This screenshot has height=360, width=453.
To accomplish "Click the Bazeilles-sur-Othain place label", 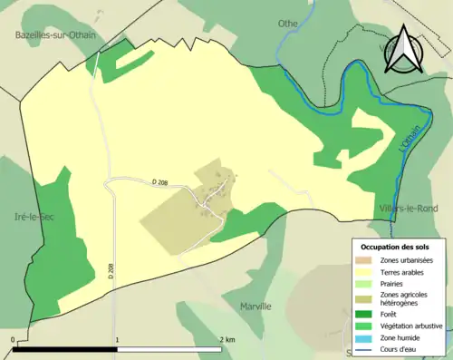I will coord(55,35).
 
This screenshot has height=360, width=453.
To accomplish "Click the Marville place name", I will coord(255,306).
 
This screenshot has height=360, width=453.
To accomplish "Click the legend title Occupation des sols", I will coord(399,247).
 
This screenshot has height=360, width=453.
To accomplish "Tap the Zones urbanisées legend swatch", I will coord(368,260).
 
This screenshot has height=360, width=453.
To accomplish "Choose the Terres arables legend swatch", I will coord(368,271).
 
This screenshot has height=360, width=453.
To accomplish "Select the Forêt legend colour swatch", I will coord(368,314).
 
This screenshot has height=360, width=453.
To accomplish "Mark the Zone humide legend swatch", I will coord(368,336).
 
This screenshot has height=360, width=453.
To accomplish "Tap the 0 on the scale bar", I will coord(14,340).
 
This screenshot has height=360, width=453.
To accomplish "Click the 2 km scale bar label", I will coord(226,340).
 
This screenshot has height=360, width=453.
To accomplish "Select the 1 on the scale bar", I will coord(117,340).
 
